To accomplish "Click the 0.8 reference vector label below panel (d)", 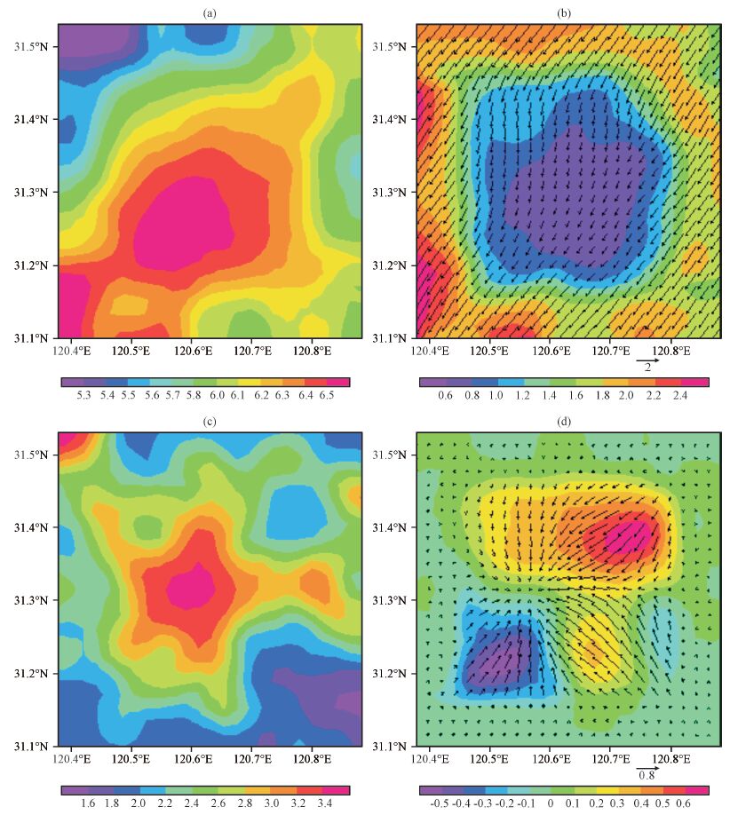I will click(647, 775).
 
